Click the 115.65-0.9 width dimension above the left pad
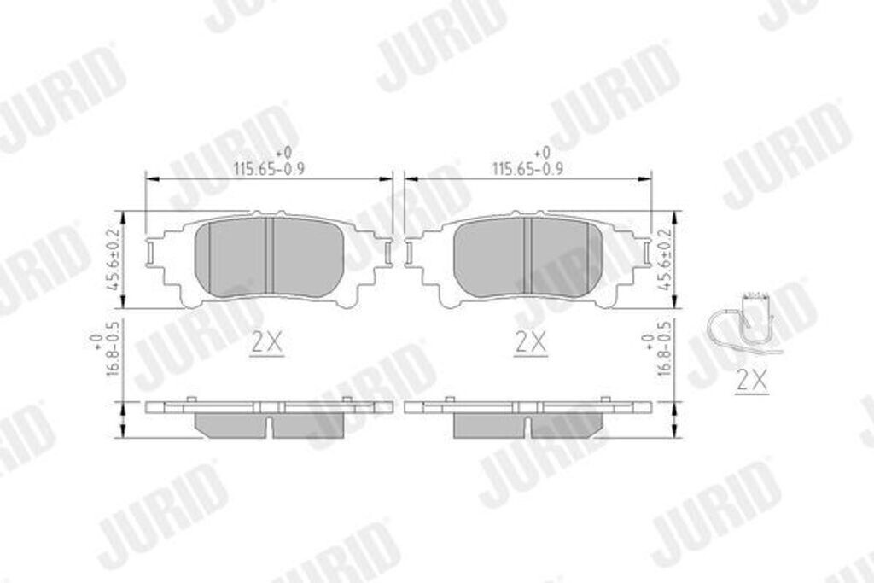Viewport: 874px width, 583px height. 270,168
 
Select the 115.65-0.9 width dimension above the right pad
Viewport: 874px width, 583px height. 528,168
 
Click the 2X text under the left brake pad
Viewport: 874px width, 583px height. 267,343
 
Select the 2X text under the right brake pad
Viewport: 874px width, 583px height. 529,343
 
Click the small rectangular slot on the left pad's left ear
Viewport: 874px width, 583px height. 151,253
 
